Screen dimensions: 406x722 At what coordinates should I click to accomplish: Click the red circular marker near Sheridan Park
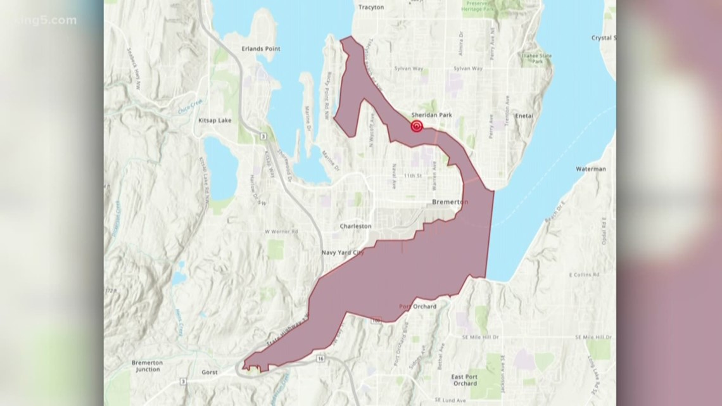coord(417,126)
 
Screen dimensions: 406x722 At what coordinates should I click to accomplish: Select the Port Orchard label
coord(414,307)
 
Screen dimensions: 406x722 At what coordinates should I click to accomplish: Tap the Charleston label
coord(355,225)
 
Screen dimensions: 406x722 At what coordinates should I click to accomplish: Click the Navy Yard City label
coord(343,251)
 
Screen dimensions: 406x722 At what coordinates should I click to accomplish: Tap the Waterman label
coord(591,169)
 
